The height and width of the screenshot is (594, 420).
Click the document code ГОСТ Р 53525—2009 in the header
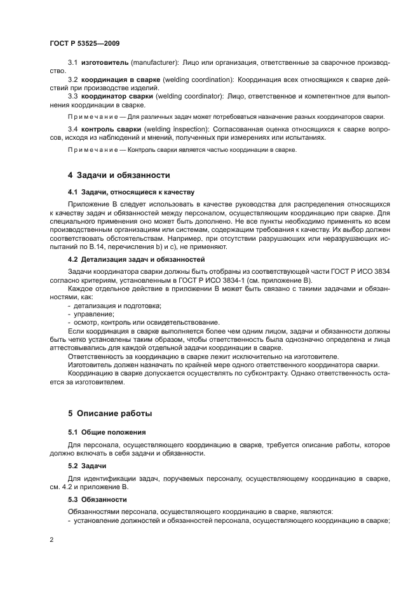tap(84, 43)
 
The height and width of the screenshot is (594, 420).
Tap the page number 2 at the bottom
tap(51, 540)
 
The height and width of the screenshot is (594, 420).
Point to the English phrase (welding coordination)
tap(198, 79)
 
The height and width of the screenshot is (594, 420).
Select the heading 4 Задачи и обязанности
tap(119, 175)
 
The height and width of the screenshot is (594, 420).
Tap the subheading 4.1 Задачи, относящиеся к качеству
tap(131, 191)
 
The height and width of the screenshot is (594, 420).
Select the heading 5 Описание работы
tap(110, 414)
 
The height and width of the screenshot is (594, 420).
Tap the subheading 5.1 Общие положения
tap(103, 431)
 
